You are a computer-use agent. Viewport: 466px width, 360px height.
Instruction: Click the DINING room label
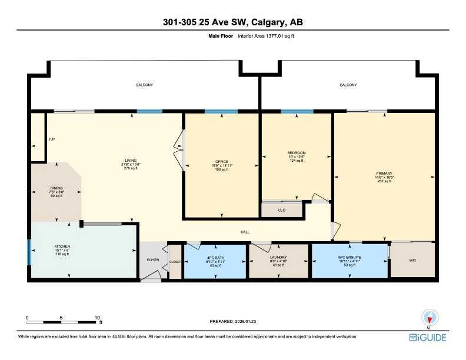click(56, 188)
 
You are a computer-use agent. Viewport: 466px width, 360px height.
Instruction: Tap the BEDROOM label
click(296, 153)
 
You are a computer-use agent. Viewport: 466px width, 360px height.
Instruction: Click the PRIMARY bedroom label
click(383, 174)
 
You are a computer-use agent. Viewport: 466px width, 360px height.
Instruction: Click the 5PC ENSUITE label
click(350, 257)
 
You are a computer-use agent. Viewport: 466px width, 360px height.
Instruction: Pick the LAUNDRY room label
click(278, 257)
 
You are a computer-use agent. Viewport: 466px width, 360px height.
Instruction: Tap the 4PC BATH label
click(214, 257)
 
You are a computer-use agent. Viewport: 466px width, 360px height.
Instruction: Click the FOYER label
click(152, 259)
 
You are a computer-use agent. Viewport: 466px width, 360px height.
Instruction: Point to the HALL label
click(245, 232)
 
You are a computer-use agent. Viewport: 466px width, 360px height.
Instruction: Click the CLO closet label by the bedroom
click(281, 209)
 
